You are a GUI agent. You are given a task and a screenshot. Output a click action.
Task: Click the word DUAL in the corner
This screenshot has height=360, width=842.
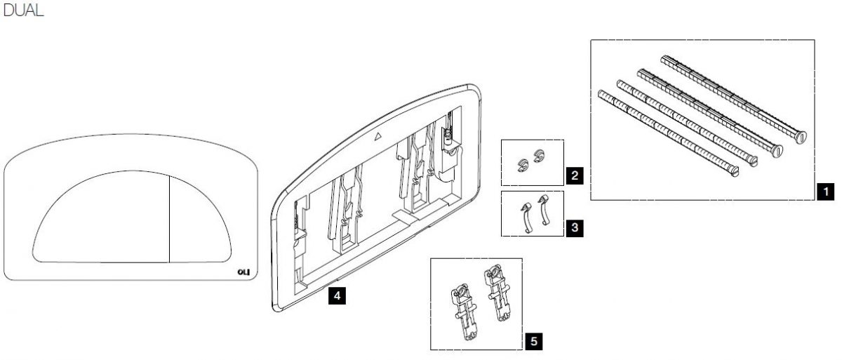(x=23, y=10)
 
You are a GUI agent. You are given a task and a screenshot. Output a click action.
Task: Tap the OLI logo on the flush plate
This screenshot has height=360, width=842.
(x=243, y=272)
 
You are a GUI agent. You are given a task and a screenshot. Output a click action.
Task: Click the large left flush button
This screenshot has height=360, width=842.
(x=102, y=218)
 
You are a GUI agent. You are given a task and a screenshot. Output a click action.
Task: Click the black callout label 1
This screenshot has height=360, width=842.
(x=825, y=192)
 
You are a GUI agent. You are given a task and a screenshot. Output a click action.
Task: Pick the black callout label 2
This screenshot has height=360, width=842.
(x=575, y=175)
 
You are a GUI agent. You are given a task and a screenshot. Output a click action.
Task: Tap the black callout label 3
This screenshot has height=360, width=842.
(x=575, y=228)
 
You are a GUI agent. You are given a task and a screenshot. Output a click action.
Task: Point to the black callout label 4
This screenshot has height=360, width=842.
(x=337, y=295)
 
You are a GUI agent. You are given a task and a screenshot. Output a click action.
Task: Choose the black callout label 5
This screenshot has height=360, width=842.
(x=534, y=341)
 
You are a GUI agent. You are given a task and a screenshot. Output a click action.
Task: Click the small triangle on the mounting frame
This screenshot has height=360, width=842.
(x=378, y=136)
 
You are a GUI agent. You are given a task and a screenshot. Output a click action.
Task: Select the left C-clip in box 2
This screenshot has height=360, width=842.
(x=523, y=165)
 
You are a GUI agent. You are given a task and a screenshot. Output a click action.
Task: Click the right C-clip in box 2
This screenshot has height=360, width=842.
(x=539, y=156)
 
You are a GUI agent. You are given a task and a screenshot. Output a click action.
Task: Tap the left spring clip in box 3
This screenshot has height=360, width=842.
(x=525, y=218)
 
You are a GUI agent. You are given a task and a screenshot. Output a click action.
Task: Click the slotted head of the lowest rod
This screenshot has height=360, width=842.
(x=734, y=172)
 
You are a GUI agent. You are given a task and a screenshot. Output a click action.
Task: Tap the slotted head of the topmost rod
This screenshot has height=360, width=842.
(x=801, y=137)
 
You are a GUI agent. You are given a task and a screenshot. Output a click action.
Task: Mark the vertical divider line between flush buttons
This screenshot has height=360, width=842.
(x=170, y=219)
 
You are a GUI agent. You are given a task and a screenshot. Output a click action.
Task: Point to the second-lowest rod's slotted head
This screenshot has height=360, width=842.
(x=752, y=161)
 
